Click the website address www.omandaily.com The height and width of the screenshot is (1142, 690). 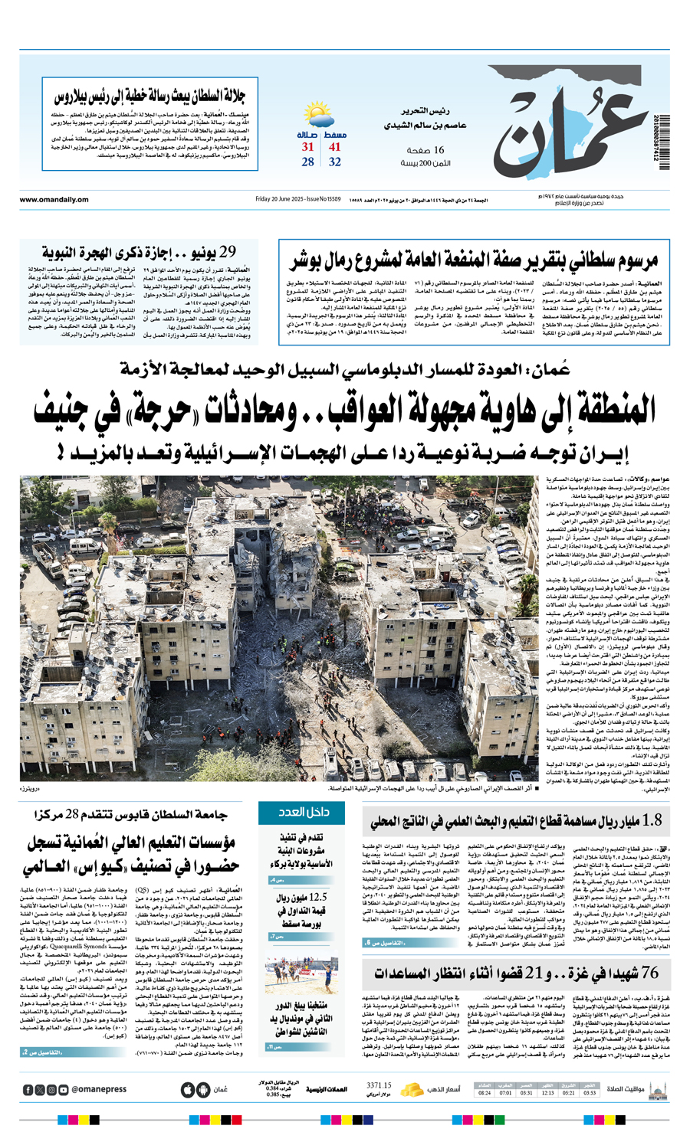coord(54,200)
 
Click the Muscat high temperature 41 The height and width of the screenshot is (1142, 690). coord(335,147)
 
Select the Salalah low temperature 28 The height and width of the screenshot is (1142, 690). coord(307,162)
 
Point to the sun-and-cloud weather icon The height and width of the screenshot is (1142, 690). coord(319,117)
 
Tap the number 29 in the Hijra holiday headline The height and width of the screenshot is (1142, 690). coord(227,252)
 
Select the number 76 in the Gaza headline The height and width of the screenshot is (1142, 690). coord(649,973)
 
